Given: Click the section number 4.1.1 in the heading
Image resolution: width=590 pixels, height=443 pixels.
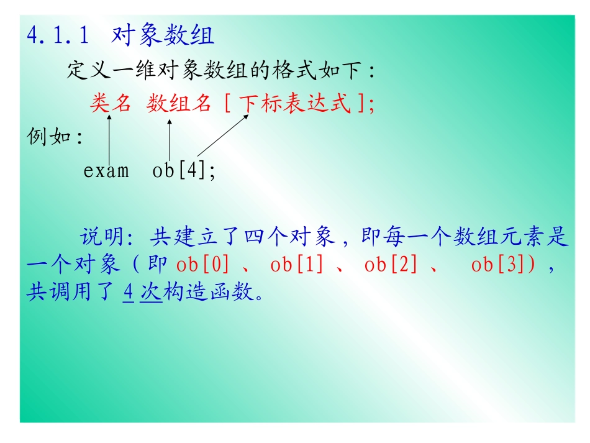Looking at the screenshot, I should point(58,36).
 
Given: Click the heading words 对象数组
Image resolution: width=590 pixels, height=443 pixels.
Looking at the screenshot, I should point(163,36).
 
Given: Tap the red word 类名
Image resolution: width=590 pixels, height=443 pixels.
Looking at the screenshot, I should point(111,103).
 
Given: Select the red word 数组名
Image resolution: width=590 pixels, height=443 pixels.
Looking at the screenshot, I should point(179,103).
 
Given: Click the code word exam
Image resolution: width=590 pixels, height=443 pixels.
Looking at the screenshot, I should point(106,170).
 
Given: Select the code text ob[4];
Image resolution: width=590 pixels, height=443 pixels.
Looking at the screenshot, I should point(184,170).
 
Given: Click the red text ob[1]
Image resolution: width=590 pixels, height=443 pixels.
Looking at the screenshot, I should point(297,265).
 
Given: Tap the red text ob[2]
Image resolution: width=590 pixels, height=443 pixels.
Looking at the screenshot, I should point(391,265).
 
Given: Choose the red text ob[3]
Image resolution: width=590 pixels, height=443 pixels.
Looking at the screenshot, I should point(499,265).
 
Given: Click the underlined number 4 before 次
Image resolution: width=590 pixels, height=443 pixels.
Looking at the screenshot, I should point(129,293).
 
